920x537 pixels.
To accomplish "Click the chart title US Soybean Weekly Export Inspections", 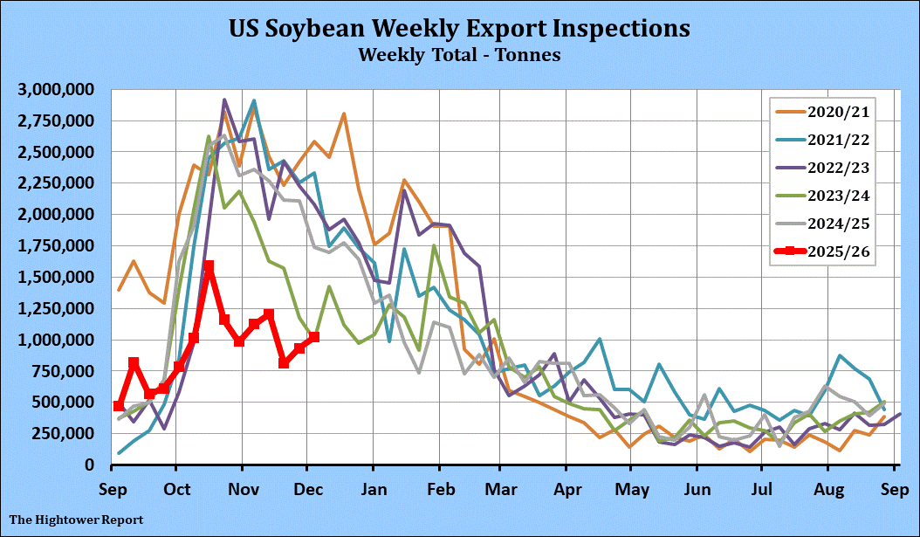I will (x=459, y=28).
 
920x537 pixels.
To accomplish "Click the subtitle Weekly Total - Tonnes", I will (x=459, y=55).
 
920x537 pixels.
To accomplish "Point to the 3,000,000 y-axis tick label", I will (x=57, y=89).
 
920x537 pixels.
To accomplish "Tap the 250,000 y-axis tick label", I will (x=63, y=433).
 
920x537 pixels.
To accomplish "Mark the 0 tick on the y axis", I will (x=90, y=465).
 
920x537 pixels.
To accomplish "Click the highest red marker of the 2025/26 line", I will (x=209, y=266).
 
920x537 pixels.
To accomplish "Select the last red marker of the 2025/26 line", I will (x=314, y=336).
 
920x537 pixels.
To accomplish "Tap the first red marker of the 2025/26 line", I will (x=119, y=406).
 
